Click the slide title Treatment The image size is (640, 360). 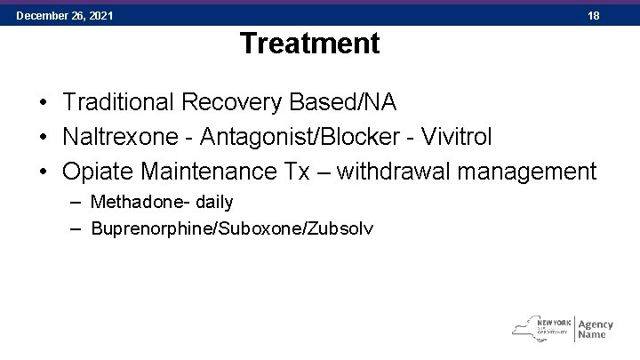click(x=309, y=43)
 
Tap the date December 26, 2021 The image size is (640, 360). click(x=64, y=16)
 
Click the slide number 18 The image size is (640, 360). click(x=594, y=16)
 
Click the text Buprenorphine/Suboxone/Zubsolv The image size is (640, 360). click(x=232, y=228)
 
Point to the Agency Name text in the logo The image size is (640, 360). click(x=595, y=329)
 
